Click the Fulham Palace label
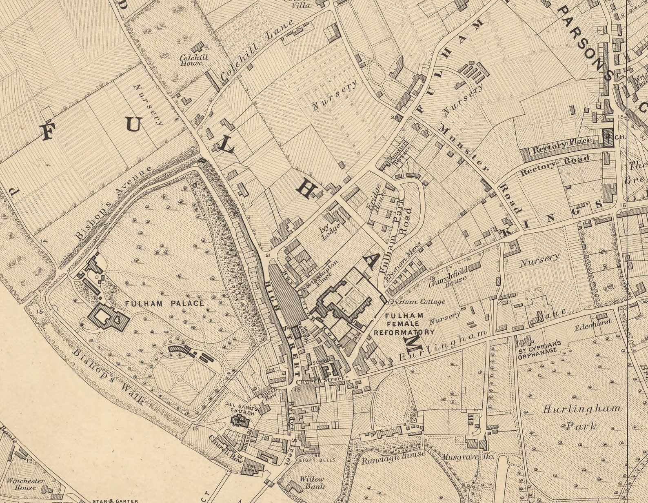164,304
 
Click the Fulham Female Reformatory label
404,324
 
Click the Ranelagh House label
394,457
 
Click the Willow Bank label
312,483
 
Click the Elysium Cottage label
416,302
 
